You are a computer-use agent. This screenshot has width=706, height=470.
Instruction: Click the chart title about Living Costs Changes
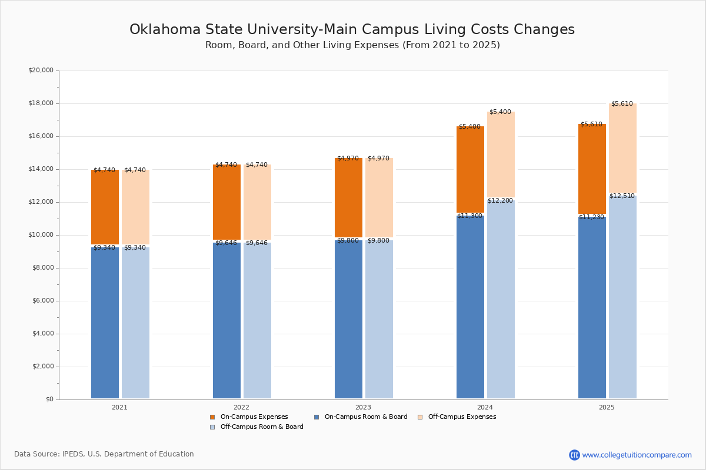pos(352,30)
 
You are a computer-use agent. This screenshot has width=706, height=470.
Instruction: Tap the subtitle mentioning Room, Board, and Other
pos(352,45)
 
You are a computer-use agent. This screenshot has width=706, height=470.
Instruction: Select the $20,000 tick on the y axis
pos(41,70)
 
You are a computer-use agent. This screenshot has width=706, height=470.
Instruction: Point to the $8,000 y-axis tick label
pos(42,268)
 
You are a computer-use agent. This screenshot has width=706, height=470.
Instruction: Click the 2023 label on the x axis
pos(363,407)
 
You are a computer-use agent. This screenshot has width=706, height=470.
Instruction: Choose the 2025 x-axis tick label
pos(607,407)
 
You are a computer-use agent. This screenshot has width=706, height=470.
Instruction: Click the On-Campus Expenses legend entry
pos(254,417)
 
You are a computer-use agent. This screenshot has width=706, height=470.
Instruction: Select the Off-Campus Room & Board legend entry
pos(261,427)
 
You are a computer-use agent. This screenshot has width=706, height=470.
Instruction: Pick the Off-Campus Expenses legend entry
pos(461,417)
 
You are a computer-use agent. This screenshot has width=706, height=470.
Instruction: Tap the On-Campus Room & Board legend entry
pos(365,417)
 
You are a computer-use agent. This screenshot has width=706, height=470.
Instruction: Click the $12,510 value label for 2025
pos(622,196)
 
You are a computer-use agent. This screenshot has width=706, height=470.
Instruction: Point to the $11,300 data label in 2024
pos(469,216)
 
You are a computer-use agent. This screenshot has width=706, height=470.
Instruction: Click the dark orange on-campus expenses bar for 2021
pos(105,207)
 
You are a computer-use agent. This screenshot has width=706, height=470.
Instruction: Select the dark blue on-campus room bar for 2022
pos(227,320)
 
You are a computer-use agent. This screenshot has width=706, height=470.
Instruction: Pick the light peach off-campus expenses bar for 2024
pos(501,155)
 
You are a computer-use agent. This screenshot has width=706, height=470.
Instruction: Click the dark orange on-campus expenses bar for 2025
pos(592,169)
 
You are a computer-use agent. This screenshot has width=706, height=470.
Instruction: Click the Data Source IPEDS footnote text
pos(104,454)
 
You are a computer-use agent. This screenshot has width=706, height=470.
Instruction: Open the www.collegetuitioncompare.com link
pos(637,455)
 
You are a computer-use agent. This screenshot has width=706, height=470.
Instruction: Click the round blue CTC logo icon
pos(574,455)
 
